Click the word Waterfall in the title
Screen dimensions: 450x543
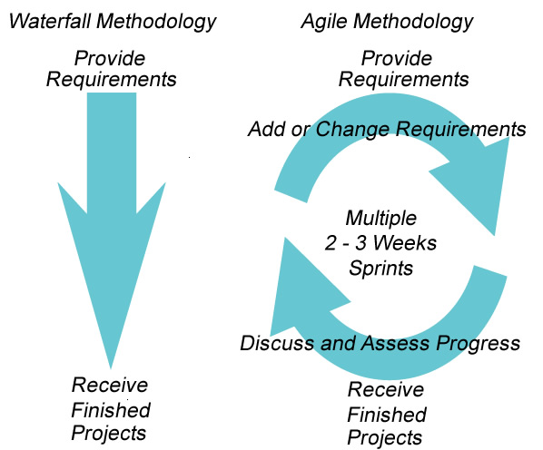pyautogui.click(x=50, y=20)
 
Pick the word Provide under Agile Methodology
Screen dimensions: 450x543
pyautogui.click(x=396, y=59)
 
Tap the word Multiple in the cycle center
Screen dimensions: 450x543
pyautogui.click(x=381, y=219)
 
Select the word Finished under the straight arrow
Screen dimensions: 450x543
pyautogui.click(x=111, y=409)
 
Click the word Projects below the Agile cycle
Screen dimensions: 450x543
pyautogui.click(x=385, y=438)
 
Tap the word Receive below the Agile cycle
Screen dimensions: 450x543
pyautogui.click(x=386, y=390)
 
